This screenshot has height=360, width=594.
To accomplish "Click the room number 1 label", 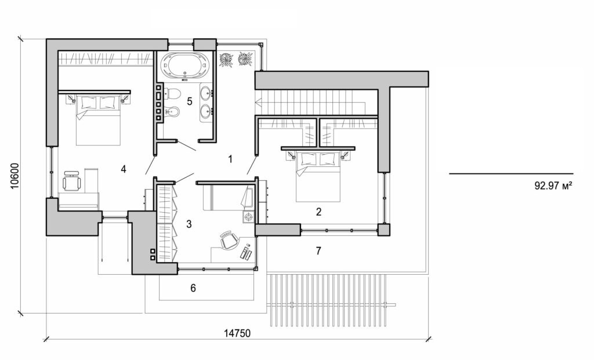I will point(230,158).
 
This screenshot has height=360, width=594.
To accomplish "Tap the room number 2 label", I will point(318,212).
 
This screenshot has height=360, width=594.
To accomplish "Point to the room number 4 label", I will point(124,169).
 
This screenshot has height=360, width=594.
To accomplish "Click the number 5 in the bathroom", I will point(189,101).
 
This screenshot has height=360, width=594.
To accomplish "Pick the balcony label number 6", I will point(193,288).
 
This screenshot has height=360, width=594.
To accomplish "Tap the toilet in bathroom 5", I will point(173,94).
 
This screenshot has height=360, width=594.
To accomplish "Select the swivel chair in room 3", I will point(229,241).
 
